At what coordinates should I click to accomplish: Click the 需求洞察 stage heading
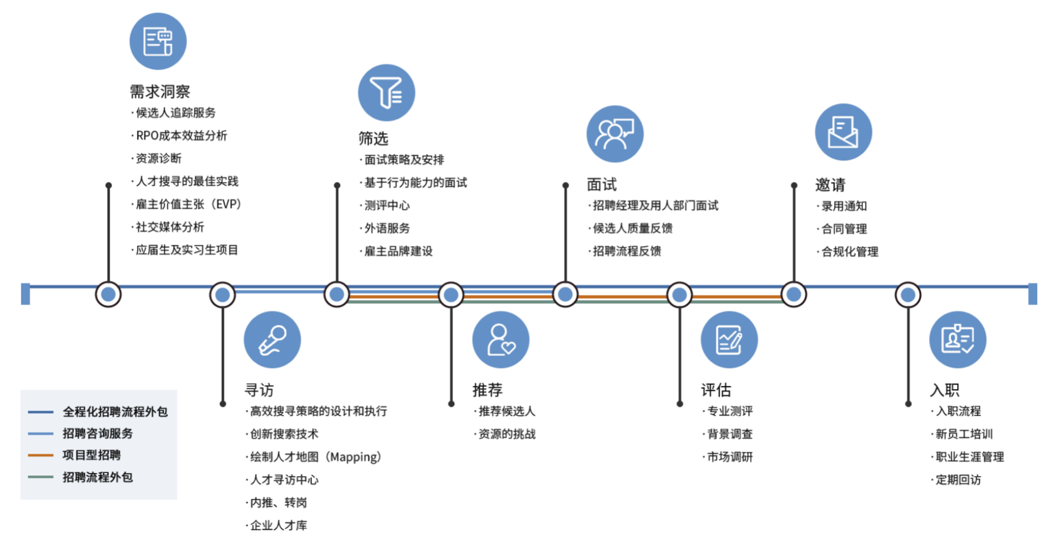[x=160, y=91]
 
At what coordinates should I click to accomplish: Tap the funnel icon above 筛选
[x=387, y=93]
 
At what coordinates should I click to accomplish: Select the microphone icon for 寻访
[x=272, y=340]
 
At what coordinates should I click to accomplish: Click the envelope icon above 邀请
[x=843, y=132]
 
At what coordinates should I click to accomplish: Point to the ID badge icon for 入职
[x=958, y=340]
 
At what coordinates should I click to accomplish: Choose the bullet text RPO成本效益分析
[x=181, y=135]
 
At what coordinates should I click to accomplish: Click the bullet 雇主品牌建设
[x=398, y=251]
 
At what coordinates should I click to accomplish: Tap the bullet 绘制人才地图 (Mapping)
[x=315, y=457]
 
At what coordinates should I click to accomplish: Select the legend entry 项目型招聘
[x=91, y=455]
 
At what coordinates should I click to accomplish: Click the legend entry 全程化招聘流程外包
[x=115, y=411]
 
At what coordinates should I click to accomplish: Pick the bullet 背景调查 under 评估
[x=730, y=434]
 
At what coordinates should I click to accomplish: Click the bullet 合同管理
[x=844, y=229]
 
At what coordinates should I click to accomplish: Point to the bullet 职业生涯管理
[x=969, y=457]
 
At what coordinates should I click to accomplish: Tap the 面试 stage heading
[x=602, y=185]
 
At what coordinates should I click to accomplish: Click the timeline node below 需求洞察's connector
[x=108, y=294]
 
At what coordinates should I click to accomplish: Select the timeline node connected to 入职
[x=908, y=294]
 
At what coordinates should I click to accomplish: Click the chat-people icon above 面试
[x=615, y=134]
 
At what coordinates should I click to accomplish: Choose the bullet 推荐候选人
[x=506, y=411]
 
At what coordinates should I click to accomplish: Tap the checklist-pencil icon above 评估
[x=729, y=340]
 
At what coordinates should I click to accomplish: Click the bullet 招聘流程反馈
[x=626, y=251]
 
